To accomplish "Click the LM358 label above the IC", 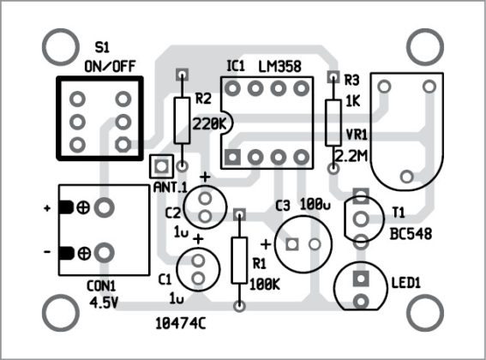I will coord(284,65).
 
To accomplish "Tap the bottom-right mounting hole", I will coord(426,312).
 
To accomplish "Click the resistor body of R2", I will coord(182,119).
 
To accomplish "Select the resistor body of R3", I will coord(333,122).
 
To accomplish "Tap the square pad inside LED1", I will coord(361,279).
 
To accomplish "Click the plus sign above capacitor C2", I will coord(206,177).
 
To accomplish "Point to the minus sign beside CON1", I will coord(45,252).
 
